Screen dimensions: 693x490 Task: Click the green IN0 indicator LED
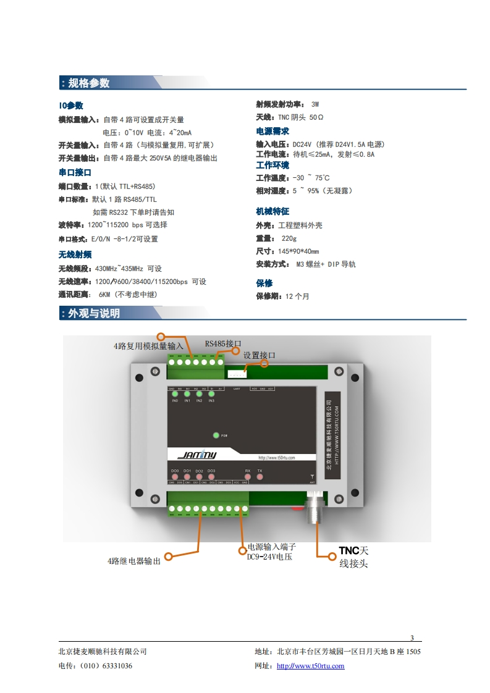click(x=175, y=394)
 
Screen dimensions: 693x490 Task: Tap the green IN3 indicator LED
click(x=211, y=394)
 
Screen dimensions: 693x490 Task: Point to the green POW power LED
click(x=216, y=435)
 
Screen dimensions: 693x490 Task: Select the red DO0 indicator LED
click(x=175, y=477)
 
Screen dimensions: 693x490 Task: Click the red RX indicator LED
click(x=248, y=477)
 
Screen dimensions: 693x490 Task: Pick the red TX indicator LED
click(x=260, y=477)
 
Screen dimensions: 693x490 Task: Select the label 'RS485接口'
click(x=222, y=343)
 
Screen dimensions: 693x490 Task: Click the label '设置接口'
click(x=259, y=355)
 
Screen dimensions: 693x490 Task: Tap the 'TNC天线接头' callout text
click(x=353, y=556)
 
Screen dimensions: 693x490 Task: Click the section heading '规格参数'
click(x=88, y=83)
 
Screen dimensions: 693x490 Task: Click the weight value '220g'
click(x=289, y=238)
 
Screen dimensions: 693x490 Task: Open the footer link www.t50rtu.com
click(x=310, y=666)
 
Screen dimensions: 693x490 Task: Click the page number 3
click(x=412, y=638)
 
